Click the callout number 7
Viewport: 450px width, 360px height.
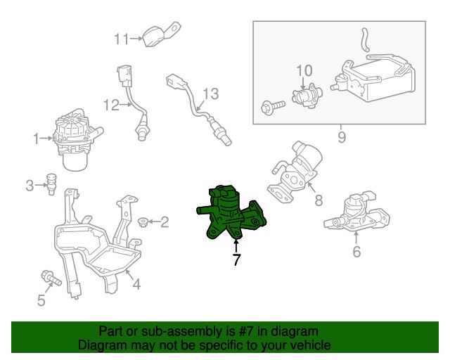236,259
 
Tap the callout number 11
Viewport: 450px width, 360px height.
122,39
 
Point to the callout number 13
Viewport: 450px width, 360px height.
211,94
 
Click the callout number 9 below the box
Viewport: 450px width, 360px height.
342,137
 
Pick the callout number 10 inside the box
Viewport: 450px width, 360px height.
304,70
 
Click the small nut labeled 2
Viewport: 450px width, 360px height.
143,222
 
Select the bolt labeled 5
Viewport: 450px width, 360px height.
51,278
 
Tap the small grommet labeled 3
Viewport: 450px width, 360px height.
51,184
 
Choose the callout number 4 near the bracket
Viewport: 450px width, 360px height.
136,284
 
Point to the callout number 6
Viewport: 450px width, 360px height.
356,252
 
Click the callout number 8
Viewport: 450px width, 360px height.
319,200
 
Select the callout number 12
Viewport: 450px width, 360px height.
111,105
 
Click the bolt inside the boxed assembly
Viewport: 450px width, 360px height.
273,106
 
